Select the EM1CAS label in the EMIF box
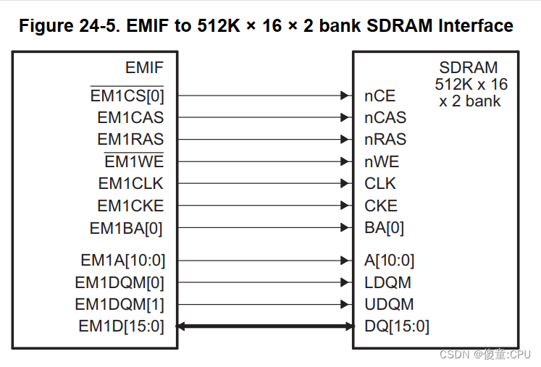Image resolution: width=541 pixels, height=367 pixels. point(130,117)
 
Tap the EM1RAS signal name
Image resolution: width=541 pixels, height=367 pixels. point(130,139)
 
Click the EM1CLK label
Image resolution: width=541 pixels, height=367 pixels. point(131,184)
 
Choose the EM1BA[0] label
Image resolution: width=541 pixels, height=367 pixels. point(126,228)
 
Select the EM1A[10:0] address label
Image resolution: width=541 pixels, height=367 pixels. point(122,260)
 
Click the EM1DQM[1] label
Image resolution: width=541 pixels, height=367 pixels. point(119,304)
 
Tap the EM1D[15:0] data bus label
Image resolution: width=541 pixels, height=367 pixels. point(121,326)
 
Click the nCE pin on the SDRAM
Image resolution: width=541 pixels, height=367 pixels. point(380,96)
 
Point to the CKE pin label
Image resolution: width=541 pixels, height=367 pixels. point(381,206)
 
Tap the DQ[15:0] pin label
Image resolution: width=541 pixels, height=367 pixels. point(396,326)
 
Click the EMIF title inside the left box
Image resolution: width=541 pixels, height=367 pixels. point(144,69)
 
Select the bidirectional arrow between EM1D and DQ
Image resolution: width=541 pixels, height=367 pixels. point(264,326)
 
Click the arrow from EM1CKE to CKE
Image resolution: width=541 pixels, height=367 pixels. point(264,206)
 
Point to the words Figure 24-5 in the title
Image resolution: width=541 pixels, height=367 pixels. point(66,26)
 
